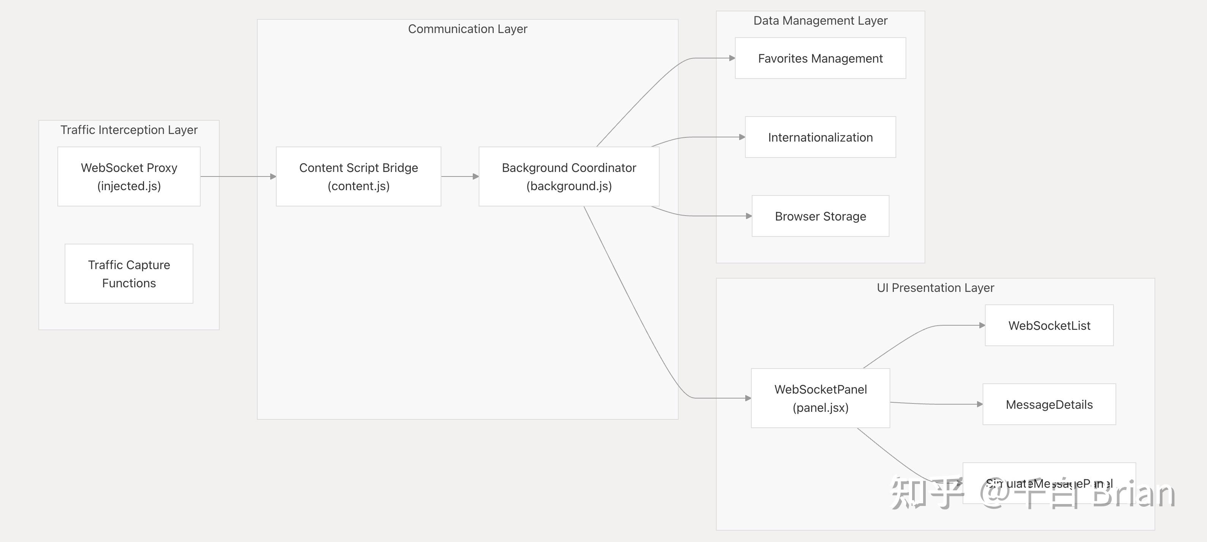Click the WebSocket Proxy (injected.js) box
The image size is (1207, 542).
pyautogui.click(x=129, y=176)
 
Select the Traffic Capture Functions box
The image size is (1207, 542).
pyautogui.click(x=129, y=274)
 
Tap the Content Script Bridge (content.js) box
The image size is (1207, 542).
pyautogui.click(x=358, y=176)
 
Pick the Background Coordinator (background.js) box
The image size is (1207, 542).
pyautogui.click(x=569, y=176)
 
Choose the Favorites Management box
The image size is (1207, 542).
pyautogui.click(x=820, y=58)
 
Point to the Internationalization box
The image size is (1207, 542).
pyautogui.click(x=820, y=137)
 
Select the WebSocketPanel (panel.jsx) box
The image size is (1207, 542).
pyautogui.click(x=820, y=398)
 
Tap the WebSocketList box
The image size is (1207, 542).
pyautogui.click(x=1049, y=326)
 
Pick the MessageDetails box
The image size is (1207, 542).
pyautogui.click(x=1049, y=404)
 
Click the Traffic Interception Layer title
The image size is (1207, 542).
pyautogui.click(x=129, y=130)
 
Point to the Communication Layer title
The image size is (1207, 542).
pyautogui.click(x=467, y=29)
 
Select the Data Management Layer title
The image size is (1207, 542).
pyautogui.click(x=820, y=20)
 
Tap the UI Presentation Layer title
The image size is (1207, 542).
pyautogui.click(x=935, y=288)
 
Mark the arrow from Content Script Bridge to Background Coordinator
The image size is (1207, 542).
pyautogui.click(x=459, y=176)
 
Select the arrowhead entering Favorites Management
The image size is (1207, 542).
pyautogui.click(x=732, y=58)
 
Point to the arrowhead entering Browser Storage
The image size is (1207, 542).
pyautogui.click(x=749, y=216)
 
